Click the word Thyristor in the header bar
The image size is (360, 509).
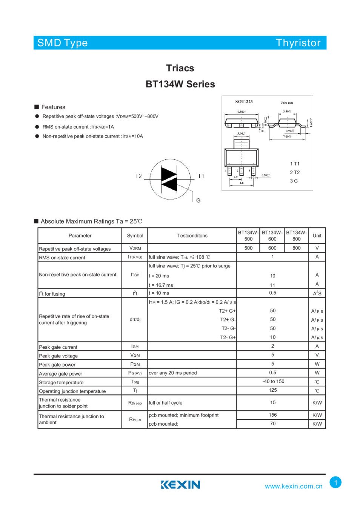click(x=298, y=43)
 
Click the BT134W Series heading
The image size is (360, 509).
click(x=180, y=84)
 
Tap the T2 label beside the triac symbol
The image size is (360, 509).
click(x=138, y=176)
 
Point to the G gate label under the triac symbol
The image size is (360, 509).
click(x=198, y=200)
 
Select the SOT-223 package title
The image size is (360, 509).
click(x=244, y=101)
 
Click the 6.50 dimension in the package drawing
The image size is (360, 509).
click(x=241, y=112)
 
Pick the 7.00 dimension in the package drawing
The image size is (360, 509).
click(x=287, y=136)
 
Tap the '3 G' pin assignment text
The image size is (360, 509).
click(x=294, y=181)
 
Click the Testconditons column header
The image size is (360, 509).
click(x=192, y=236)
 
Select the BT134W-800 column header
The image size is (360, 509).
click(x=297, y=236)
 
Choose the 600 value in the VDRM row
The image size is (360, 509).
click(x=272, y=248)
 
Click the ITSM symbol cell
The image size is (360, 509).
click(x=135, y=275)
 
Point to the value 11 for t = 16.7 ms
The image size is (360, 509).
click(x=272, y=285)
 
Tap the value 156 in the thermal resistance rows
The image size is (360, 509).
click(x=272, y=415)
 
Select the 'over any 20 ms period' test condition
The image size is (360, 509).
click(x=173, y=373)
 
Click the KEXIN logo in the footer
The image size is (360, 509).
click(x=180, y=484)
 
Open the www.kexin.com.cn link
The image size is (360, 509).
click(x=294, y=486)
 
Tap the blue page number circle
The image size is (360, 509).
click(x=335, y=482)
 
